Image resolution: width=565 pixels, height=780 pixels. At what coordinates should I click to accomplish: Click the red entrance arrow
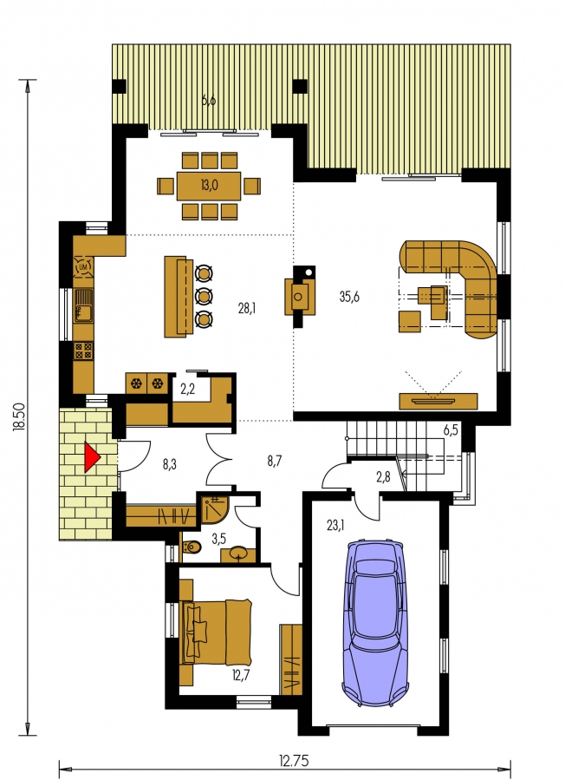[92, 457]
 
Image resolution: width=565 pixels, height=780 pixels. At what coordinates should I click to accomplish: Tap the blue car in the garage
[375, 623]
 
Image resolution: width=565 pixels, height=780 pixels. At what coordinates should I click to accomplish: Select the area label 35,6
[349, 297]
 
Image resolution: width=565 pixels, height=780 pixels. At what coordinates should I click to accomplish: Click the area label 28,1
[247, 308]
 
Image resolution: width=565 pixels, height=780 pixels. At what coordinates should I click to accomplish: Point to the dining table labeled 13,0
[209, 186]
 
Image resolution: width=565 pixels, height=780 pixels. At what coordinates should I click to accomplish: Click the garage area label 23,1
[336, 525]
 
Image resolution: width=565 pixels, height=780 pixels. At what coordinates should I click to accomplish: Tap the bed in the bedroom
[217, 633]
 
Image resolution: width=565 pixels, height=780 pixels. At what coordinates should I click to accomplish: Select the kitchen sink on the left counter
[83, 306]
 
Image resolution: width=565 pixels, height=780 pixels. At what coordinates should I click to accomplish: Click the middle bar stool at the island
[205, 296]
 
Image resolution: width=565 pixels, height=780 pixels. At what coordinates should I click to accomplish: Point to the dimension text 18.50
[19, 423]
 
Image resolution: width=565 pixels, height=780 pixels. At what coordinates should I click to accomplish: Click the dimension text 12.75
[294, 761]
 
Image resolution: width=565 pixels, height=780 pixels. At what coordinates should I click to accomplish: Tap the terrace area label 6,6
[209, 100]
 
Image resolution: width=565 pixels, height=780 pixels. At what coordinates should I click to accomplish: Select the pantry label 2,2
[187, 390]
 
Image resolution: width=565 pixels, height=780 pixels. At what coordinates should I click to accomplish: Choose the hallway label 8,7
[275, 461]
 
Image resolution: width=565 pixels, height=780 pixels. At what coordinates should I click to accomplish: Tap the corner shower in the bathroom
[215, 508]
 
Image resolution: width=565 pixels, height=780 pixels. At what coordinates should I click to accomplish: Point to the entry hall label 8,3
[170, 465]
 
